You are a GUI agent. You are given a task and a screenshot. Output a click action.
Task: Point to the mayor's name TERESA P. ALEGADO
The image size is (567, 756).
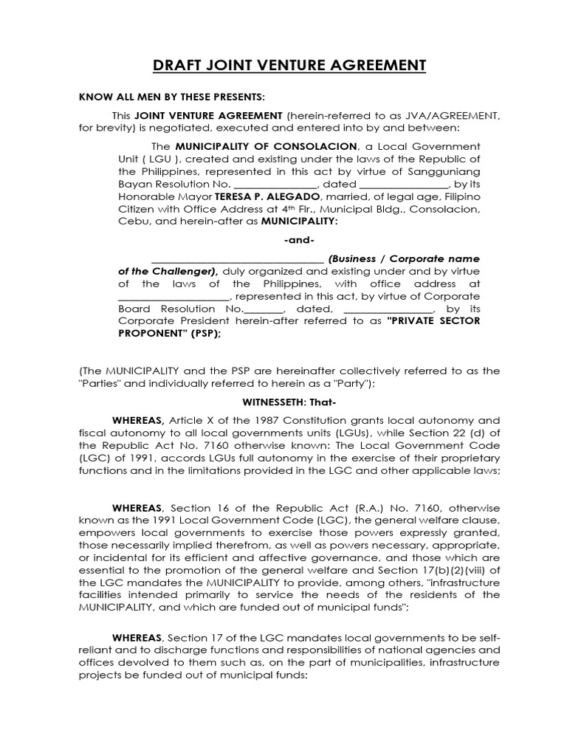(x=265, y=197)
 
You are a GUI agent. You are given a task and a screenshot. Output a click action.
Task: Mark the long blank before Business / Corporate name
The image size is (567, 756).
(x=237, y=259)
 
